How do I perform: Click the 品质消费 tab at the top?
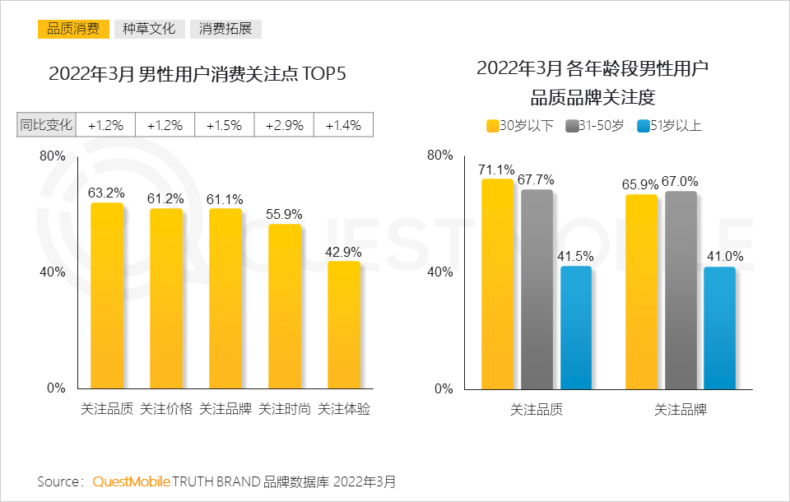click(x=73, y=29)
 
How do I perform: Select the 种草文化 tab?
click(x=149, y=29)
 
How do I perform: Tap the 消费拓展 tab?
click(x=225, y=29)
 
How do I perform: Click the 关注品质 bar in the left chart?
click(x=107, y=296)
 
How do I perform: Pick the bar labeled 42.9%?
click(x=343, y=325)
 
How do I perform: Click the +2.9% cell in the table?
click(x=284, y=125)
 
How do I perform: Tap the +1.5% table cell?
click(x=224, y=125)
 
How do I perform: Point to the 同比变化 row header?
click(x=47, y=125)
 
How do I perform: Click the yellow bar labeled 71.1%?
click(x=497, y=284)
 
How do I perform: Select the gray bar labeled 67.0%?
click(x=681, y=290)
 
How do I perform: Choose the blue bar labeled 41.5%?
click(x=576, y=328)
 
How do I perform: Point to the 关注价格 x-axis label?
click(x=166, y=409)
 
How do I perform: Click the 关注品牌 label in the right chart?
click(x=680, y=409)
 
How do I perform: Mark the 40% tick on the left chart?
click(x=53, y=272)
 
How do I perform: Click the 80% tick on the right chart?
click(x=440, y=156)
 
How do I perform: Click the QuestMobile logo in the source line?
click(x=132, y=481)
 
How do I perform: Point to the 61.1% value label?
click(x=225, y=198)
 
